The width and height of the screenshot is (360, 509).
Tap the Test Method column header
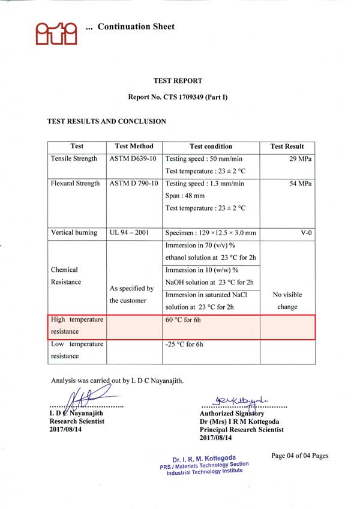(134, 146)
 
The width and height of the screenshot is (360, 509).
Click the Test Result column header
(287, 146)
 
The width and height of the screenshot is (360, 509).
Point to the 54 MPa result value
(301, 184)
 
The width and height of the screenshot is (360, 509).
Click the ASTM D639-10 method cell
(133, 159)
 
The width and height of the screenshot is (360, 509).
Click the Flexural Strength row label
(76, 184)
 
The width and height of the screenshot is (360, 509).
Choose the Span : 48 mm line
(185, 196)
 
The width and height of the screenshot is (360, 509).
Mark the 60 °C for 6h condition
(184, 320)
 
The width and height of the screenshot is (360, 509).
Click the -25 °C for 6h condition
(184, 345)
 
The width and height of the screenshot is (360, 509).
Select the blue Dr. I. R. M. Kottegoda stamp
(204, 464)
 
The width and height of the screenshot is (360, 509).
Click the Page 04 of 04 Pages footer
(299, 456)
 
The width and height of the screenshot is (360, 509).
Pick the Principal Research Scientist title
(241, 430)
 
